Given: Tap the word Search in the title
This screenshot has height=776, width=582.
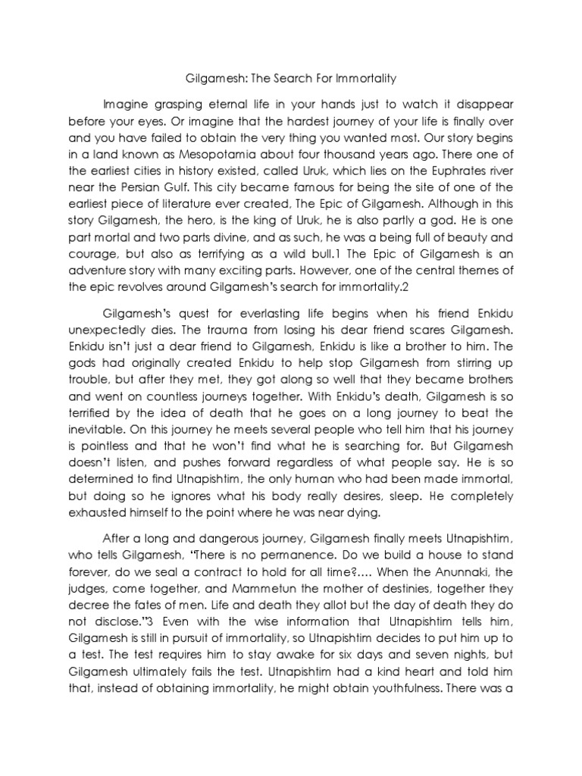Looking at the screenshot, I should tap(296, 77).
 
